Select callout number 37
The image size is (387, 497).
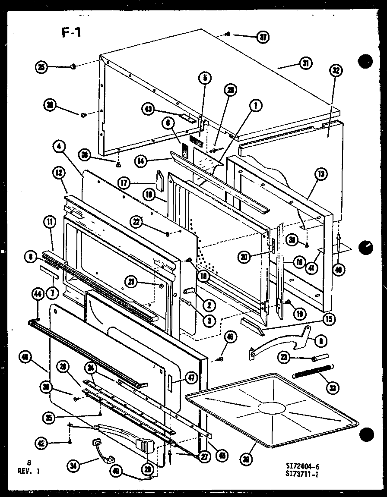[262, 37]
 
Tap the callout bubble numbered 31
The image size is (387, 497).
[306, 63]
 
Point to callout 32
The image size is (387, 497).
[335, 71]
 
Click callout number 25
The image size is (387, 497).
[41, 67]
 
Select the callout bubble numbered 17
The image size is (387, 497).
[125, 183]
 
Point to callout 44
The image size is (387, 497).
[38, 294]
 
